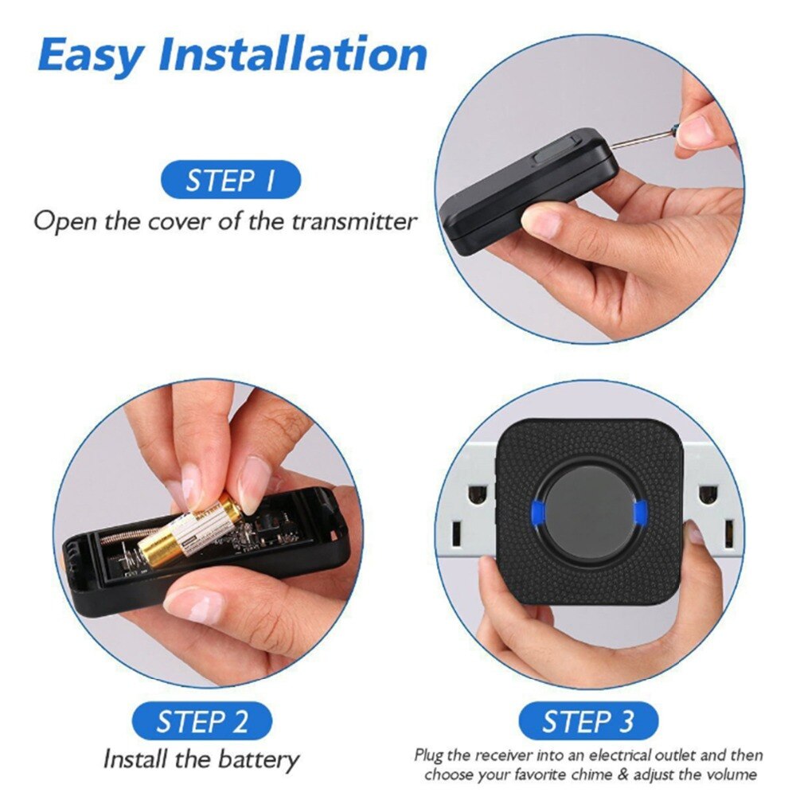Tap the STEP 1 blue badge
[x=231, y=180]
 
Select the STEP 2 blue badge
[x=202, y=722]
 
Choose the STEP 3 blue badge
[x=588, y=722]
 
